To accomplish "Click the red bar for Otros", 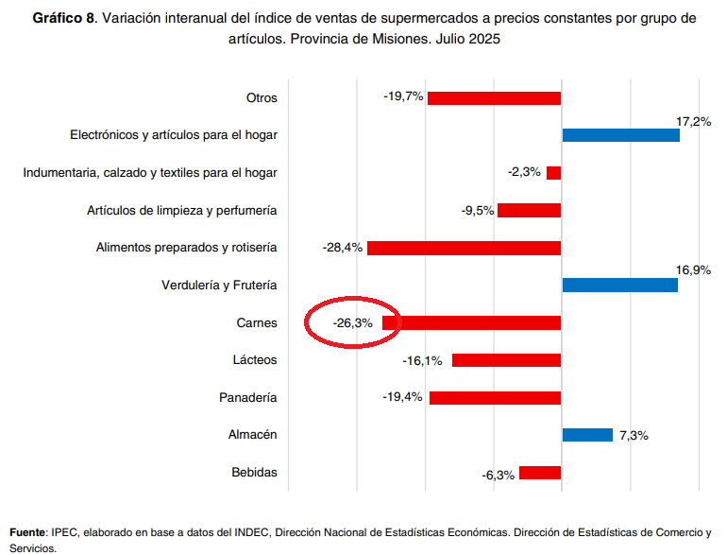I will pyautogui.click(x=494, y=97).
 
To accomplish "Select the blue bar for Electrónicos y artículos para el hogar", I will pyautogui.click(x=620, y=135).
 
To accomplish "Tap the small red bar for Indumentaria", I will pyautogui.click(x=553, y=173).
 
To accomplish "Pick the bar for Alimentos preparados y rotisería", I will pyautogui.click(x=464, y=248).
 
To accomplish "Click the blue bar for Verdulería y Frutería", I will pyautogui.click(x=619, y=286).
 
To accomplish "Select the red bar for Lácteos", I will pyautogui.click(x=506, y=360).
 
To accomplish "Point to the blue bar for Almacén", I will pyautogui.click(x=587, y=435).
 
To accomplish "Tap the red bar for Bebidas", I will pyautogui.click(x=540, y=473).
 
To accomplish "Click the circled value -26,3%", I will pyautogui.click(x=353, y=323).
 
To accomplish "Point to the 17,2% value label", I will pyautogui.click(x=693, y=122).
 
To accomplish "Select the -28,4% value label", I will pyautogui.click(x=342, y=248).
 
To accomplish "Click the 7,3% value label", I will pyautogui.click(x=634, y=435).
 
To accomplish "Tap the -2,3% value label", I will pyautogui.click(x=524, y=172).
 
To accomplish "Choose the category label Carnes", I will pyautogui.click(x=257, y=323).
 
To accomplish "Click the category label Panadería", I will pyautogui.click(x=249, y=397).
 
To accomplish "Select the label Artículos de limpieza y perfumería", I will pyautogui.click(x=181, y=210).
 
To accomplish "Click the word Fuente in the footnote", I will pyautogui.click(x=26, y=532).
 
